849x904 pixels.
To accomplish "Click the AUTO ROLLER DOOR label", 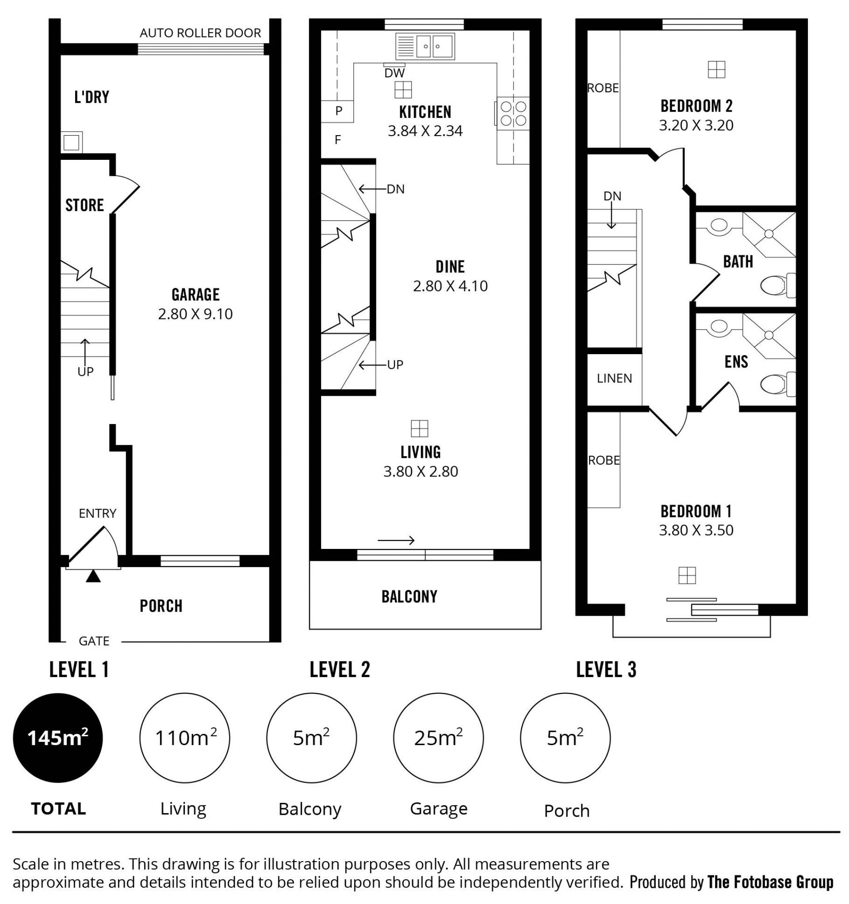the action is point(200,33).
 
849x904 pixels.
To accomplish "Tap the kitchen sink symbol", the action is point(425,46).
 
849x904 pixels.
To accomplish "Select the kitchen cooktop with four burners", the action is point(513,113).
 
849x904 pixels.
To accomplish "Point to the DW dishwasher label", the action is point(394,73).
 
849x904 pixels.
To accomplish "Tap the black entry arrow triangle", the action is point(93,576).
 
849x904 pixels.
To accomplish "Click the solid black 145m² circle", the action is point(58,738).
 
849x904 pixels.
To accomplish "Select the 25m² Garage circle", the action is point(438,738).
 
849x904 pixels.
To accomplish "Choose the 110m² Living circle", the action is point(185,738).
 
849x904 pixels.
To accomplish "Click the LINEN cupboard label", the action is point(614,378).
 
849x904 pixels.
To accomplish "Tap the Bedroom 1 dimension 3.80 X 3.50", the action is point(696,530).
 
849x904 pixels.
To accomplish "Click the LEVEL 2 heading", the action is point(340,670).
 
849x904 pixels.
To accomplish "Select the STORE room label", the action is point(84,205).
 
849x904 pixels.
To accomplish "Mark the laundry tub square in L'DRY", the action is point(72,142).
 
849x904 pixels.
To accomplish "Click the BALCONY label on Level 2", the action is point(409,597).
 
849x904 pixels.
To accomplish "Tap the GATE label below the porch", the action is point(94,641).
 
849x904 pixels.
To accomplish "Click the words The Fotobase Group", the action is point(770,883).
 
